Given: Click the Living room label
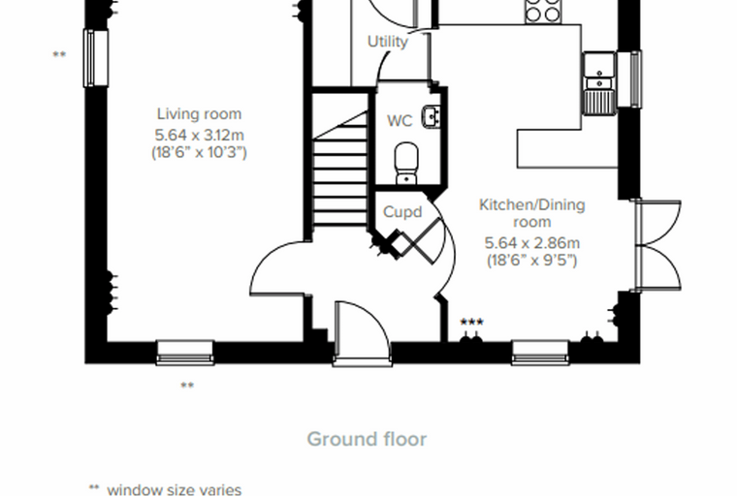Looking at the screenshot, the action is [200, 113].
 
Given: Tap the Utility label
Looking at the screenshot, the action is [388, 42].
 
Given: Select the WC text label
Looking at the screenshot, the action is [400, 121].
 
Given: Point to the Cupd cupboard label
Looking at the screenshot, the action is [402, 212].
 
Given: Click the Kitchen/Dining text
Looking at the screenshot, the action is [532, 205].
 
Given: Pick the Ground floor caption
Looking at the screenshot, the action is [367, 439].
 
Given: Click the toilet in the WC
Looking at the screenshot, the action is [406, 164].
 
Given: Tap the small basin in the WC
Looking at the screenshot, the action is [431, 116].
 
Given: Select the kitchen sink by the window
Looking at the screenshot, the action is [599, 83].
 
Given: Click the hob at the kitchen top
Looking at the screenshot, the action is [543, 11].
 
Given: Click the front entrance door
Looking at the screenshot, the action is [362, 332].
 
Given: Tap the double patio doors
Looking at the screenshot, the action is [657, 245].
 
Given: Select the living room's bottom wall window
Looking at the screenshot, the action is [185, 353].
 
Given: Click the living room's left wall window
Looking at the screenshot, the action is [96, 58].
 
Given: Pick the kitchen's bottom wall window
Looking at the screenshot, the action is [540, 353].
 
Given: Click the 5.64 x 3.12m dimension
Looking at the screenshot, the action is [200, 136].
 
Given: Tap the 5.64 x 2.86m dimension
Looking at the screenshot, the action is [532, 243].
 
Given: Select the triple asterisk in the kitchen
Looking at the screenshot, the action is [471, 322].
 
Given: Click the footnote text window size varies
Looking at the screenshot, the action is [174, 490].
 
